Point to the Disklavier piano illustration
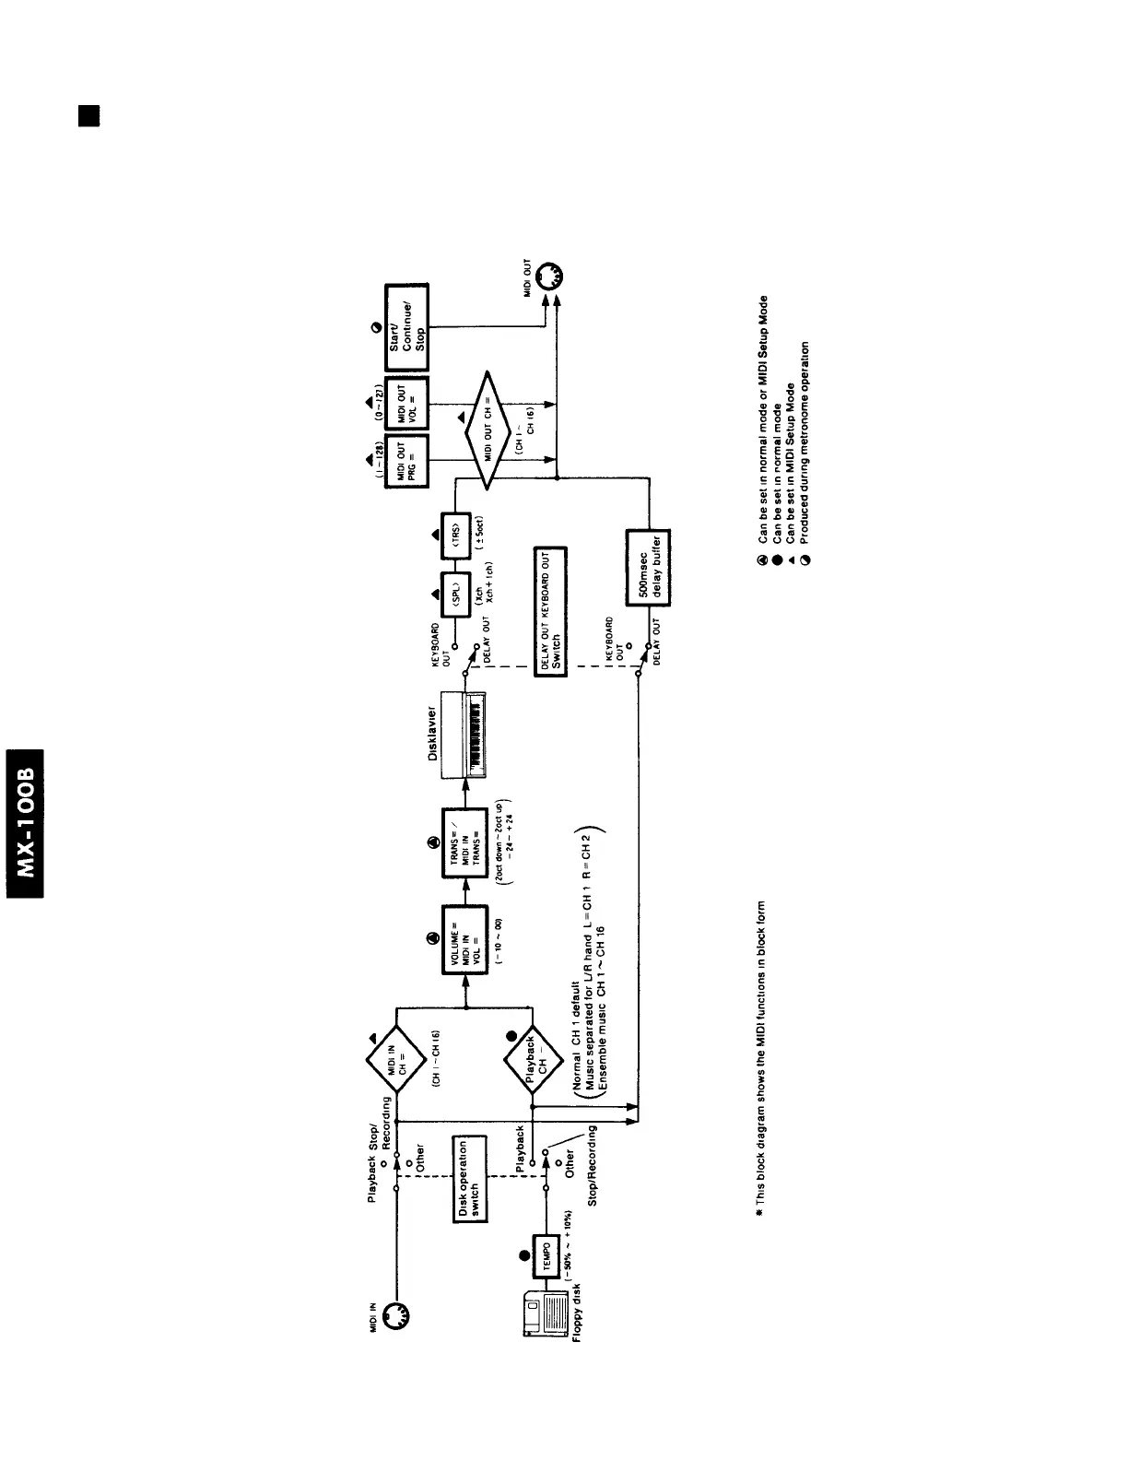click(465, 734)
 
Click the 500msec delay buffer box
click(647, 567)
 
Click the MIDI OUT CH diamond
click(488, 426)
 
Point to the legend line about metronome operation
click(805, 452)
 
